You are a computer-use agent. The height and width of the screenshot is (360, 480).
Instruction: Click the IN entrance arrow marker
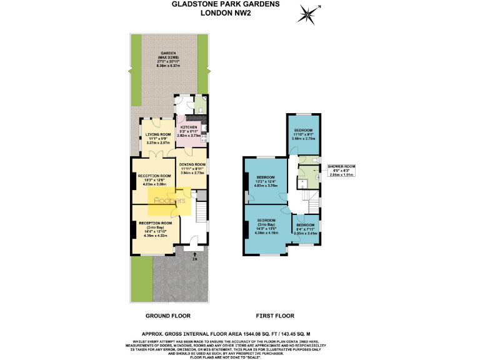[194, 256]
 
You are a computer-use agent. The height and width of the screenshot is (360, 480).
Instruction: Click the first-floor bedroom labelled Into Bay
[267, 228]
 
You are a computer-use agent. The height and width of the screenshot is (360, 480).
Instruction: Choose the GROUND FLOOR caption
[169, 316]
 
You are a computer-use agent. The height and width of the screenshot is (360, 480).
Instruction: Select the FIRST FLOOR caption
[274, 316]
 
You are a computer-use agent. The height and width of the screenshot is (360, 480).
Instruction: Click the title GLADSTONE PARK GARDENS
[226, 4]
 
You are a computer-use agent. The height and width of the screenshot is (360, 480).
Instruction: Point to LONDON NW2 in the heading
[226, 12]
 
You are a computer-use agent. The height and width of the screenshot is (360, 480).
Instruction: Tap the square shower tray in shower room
[302, 182]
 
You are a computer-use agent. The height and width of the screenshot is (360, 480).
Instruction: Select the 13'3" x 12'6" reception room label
[154, 181]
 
